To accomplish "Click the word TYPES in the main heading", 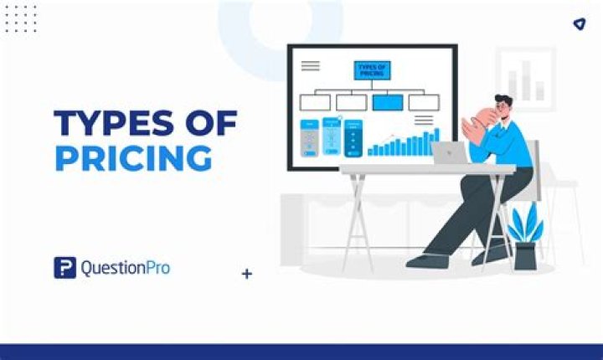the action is pyautogui.click(x=114, y=123).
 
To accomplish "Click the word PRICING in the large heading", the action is pyautogui.click(x=134, y=158).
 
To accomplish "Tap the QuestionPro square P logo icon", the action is pyautogui.click(x=65, y=267).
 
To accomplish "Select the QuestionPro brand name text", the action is pyautogui.click(x=126, y=268).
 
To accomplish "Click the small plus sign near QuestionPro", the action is pyautogui.click(x=247, y=274).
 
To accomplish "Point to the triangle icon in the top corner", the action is pyautogui.click(x=580, y=24).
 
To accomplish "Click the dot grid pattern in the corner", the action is pyautogui.click(x=21, y=19).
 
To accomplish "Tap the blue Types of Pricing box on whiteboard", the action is pyautogui.click(x=372, y=70).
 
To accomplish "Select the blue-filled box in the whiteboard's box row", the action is pyautogui.click(x=388, y=102).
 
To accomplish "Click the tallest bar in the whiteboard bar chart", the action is pyautogui.click(x=436, y=141).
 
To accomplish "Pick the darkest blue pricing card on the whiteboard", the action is pyautogui.click(x=353, y=138).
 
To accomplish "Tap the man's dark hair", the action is pyautogui.click(x=504, y=100).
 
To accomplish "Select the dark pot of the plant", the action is pyautogui.click(x=526, y=255).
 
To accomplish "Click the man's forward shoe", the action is pyautogui.click(x=427, y=260).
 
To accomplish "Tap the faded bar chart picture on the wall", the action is pyautogui.click(x=526, y=79).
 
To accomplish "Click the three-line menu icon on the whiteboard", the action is pyautogui.click(x=311, y=66).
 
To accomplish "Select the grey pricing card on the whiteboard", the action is pyautogui.click(x=309, y=138).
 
